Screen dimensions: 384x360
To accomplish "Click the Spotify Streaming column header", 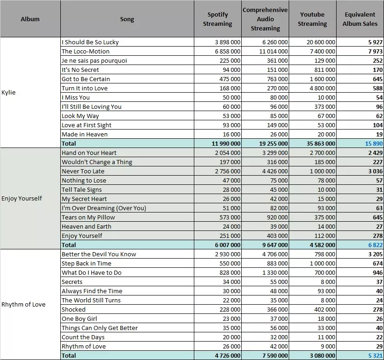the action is click(217, 19).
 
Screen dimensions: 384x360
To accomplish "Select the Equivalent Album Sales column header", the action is click(360, 19).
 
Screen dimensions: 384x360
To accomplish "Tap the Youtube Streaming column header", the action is click(312, 19).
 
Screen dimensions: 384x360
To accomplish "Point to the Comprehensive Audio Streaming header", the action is click(265, 19).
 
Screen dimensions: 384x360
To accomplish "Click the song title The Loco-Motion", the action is click(86, 51).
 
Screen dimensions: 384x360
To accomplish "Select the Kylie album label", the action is click(9, 93).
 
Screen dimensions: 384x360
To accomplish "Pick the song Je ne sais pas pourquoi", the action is click(94, 60).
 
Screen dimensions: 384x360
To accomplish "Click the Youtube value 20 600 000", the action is click(321, 42).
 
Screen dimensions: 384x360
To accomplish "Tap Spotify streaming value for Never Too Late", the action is click(228, 171).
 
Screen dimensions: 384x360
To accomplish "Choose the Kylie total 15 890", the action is click(374, 143).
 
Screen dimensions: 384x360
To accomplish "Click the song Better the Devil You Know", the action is click(99, 254).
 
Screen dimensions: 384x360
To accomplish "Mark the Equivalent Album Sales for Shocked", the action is click(378, 309).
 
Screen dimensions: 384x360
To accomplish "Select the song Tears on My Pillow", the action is click(88, 217).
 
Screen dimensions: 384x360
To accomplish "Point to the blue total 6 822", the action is click(375, 245).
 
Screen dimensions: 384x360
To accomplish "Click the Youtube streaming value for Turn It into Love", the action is click(322, 89).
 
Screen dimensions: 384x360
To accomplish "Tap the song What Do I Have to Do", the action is click(92, 273).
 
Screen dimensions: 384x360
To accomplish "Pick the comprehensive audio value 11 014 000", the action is click(273, 52).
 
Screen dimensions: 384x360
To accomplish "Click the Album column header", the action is click(30, 19).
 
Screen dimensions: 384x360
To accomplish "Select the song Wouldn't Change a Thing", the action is click(97, 162).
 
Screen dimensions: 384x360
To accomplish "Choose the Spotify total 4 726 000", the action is click(228, 355).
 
